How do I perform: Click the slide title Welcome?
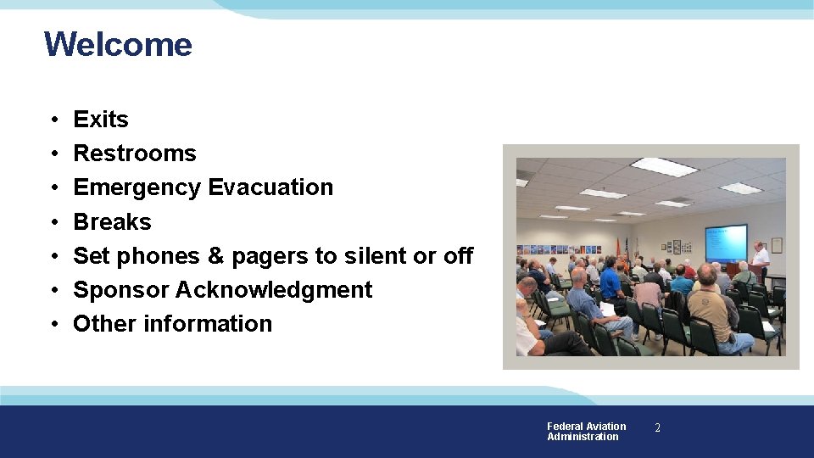point(118,44)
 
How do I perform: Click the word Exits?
point(101,120)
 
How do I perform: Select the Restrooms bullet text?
point(135,154)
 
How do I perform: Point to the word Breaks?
point(112,222)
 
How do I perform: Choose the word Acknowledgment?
point(274,290)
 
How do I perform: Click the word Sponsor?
point(121,290)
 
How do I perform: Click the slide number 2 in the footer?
point(657,429)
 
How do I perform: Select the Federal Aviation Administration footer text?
point(586,432)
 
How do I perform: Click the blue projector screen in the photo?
point(726,243)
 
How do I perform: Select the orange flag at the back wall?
point(629,248)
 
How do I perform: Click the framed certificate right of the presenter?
point(777,245)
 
